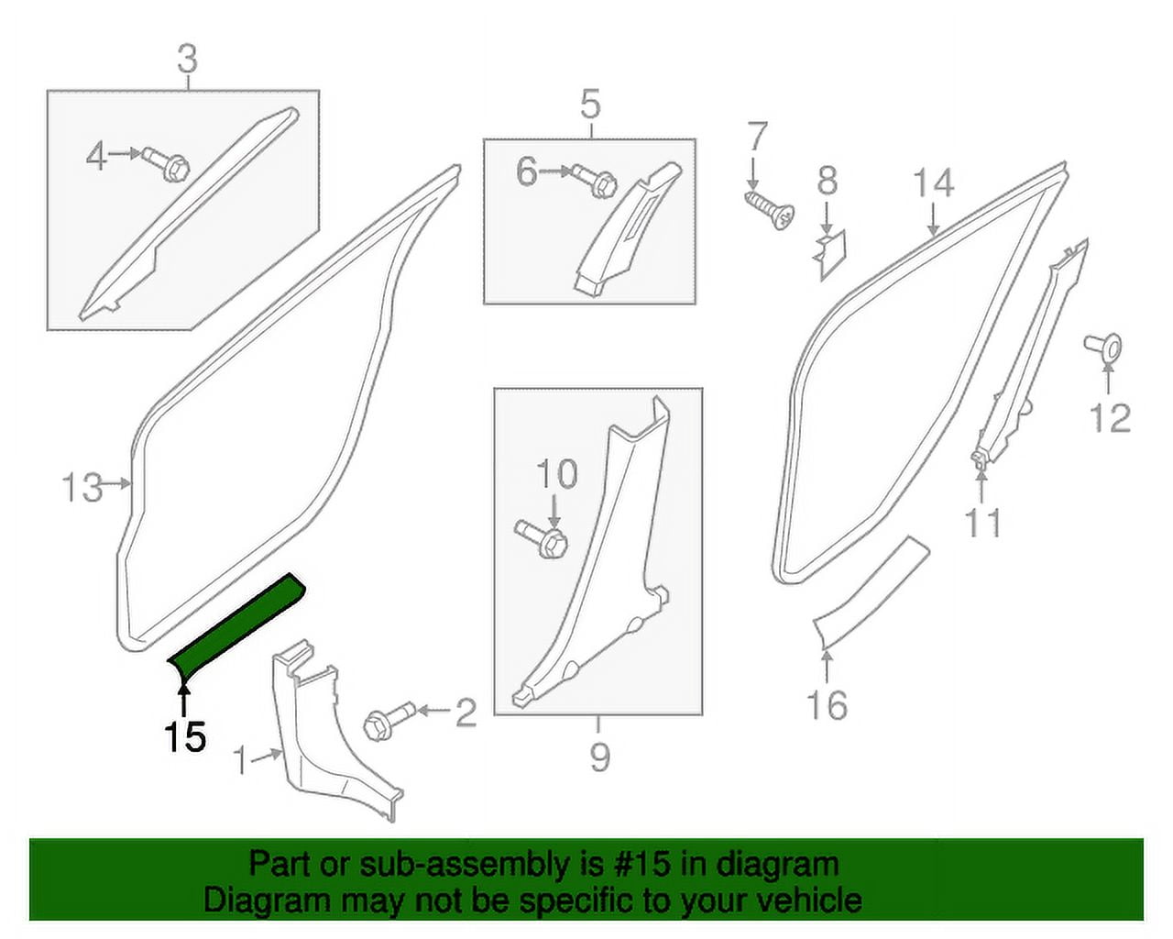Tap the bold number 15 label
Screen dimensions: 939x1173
pos(184,736)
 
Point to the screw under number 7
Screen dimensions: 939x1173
pos(769,208)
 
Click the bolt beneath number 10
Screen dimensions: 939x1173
pos(543,538)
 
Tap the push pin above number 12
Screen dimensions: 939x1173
pos(1104,347)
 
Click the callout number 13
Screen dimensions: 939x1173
pos(82,487)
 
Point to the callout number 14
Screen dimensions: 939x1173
pos(933,184)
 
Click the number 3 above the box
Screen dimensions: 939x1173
pos(187,60)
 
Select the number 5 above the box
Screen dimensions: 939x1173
pos(590,105)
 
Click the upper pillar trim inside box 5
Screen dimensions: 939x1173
pos(628,229)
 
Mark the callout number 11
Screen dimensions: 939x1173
pos(982,523)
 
